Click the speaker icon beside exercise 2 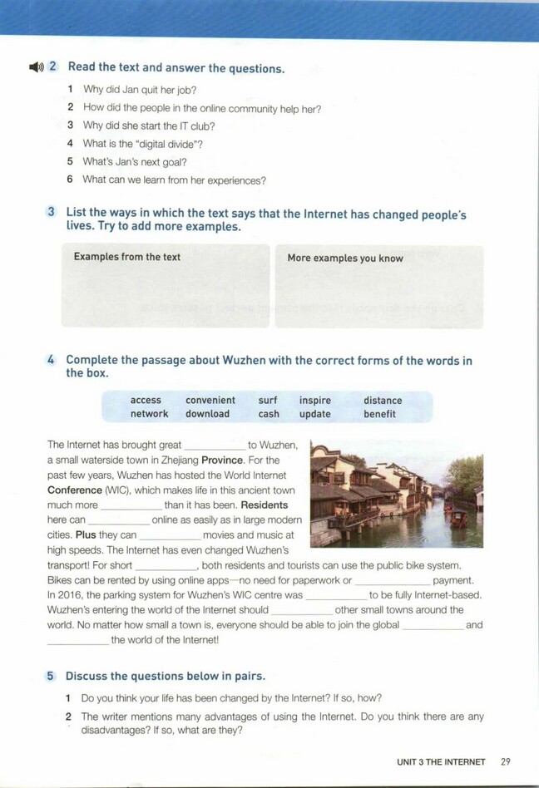click(35, 67)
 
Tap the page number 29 click(506, 761)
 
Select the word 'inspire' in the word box click(315, 400)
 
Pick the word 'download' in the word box click(207, 414)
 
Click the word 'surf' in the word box click(268, 400)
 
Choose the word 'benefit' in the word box click(379, 414)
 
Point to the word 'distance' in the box click(383, 400)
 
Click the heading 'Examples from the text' click(126, 257)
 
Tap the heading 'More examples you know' click(345, 258)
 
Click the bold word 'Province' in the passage click(221, 460)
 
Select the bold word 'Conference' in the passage click(74, 490)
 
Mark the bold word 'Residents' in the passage click(264, 505)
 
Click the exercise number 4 click(51, 360)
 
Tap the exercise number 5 click(51, 676)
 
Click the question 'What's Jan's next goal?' click(134, 162)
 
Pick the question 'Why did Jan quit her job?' click(140, 90)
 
